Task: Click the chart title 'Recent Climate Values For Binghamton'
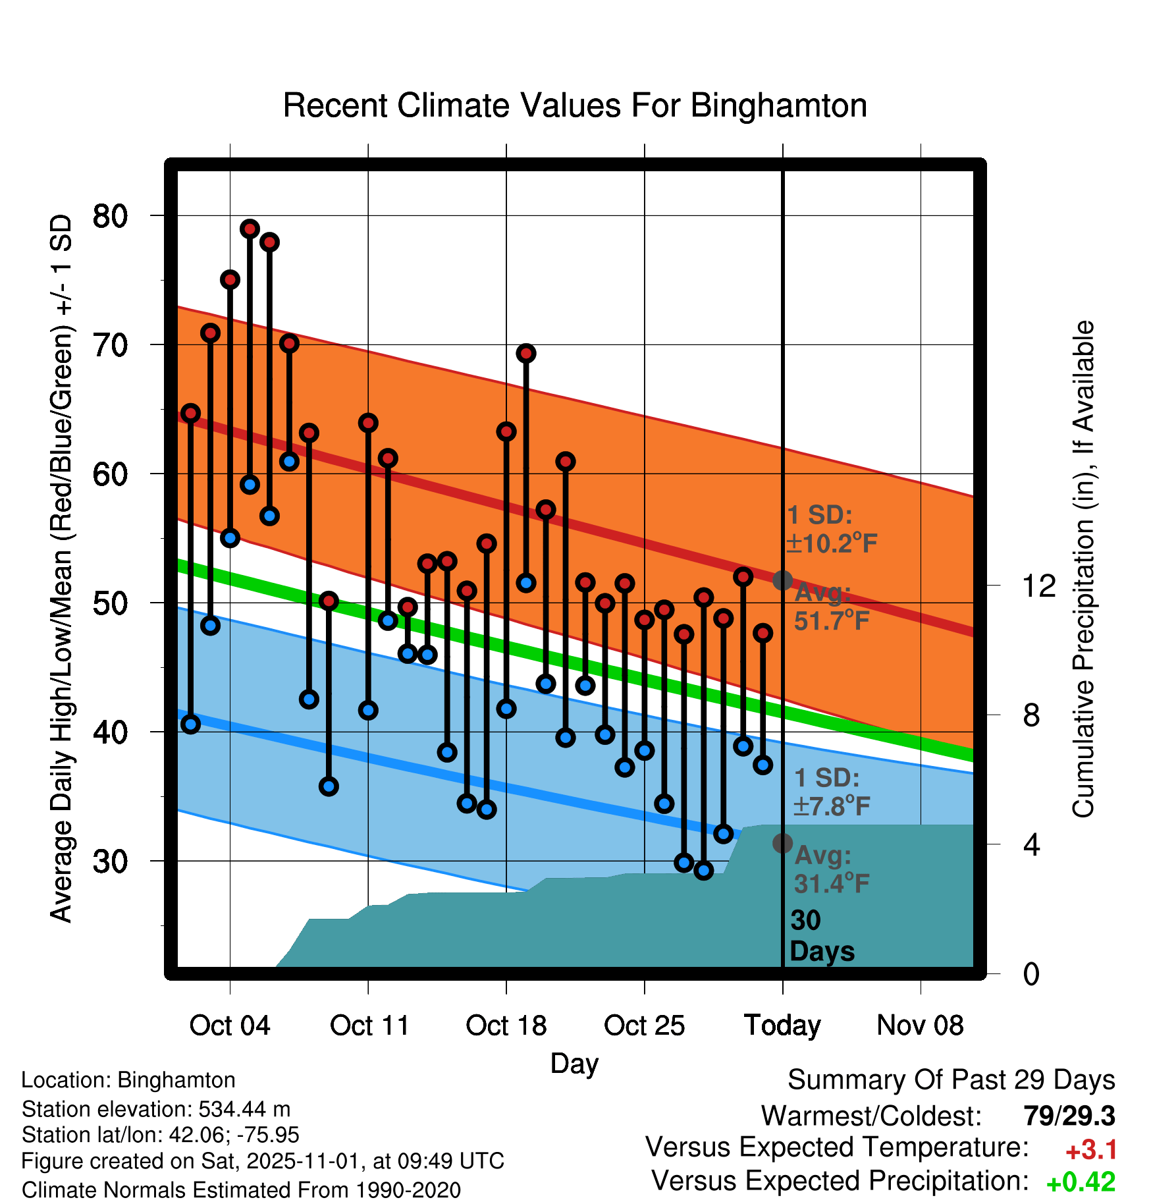point(575,106)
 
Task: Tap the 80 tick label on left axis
point(110,216)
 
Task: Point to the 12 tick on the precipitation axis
point(1038,586)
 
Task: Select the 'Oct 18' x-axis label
point(506,1026)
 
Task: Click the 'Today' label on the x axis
point(782,1026)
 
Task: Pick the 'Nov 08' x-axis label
point(920,1026)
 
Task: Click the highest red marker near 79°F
point(250,229)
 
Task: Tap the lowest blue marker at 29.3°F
point(703,871)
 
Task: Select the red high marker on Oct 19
point(525,354)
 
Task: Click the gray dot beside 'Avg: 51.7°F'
point(782,580)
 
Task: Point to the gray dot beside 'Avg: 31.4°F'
point(782,843)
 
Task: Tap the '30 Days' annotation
point(821,936)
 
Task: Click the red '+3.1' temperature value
point(1090,1150)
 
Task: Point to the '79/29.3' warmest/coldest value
point(1069,1116)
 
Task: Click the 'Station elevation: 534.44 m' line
point(156,1109)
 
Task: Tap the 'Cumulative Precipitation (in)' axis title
point(1083,569)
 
